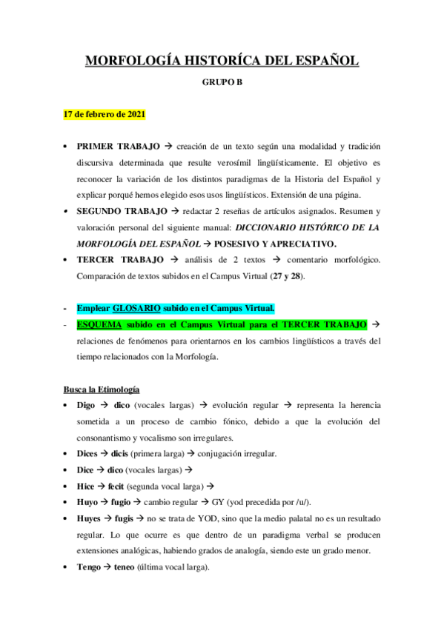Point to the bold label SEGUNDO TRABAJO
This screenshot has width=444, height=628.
[122, 211]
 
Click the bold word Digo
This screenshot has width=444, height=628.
[86, 406]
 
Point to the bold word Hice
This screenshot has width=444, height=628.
[86, 486]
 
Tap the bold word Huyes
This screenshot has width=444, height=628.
[90, 518]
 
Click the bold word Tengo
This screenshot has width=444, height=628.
[89, 567]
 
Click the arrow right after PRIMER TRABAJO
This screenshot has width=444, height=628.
[168, 147]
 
